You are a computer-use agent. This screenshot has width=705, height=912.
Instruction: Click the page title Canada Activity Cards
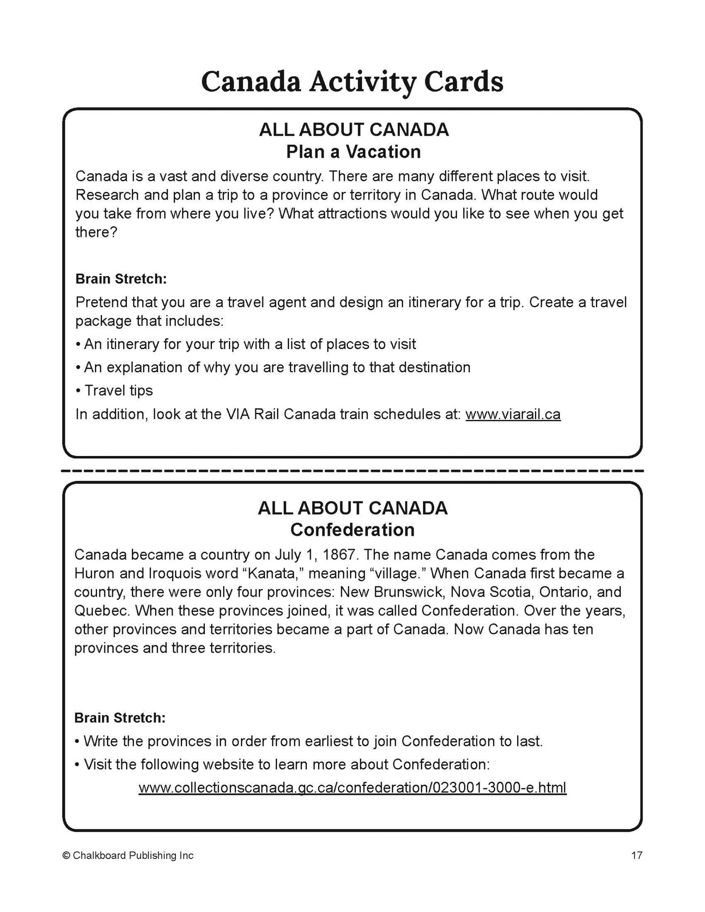[x=352, y=82]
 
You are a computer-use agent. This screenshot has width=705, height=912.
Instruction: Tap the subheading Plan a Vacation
[x=353, y=152]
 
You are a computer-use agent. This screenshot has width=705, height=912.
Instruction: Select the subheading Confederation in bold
[x=352, y=530]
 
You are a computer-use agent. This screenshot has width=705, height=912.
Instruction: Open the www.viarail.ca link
[x=513, y=415]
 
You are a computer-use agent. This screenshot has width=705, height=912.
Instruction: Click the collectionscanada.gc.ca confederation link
[x=352, y=787]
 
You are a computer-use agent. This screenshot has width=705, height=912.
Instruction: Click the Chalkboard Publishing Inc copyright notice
[x=128, y=855]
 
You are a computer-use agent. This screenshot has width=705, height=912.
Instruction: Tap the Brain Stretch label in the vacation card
[x=121, y=279]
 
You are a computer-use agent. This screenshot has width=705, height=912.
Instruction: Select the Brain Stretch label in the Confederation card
[x=120, y=718]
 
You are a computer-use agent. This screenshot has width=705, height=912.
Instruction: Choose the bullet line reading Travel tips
[x=118, y=391]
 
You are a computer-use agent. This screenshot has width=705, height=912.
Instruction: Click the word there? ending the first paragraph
[x=96, y=232]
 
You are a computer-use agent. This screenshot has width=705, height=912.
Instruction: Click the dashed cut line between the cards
[x=352, y=470]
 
